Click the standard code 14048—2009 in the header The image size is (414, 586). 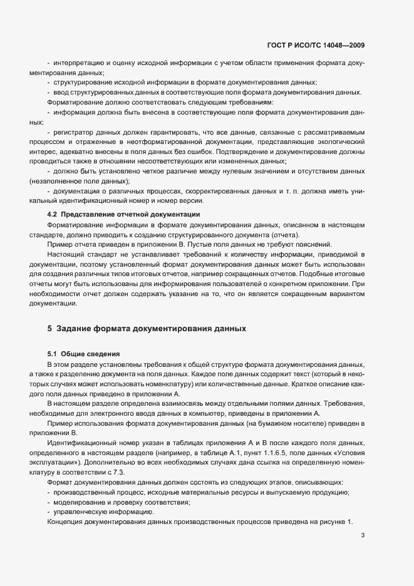pyautogui.click(x=342, y=45)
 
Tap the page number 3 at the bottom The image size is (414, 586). pyautogui.click(x=363, y=535)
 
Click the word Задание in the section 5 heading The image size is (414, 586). pyautogui.click(x=79, y=328)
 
